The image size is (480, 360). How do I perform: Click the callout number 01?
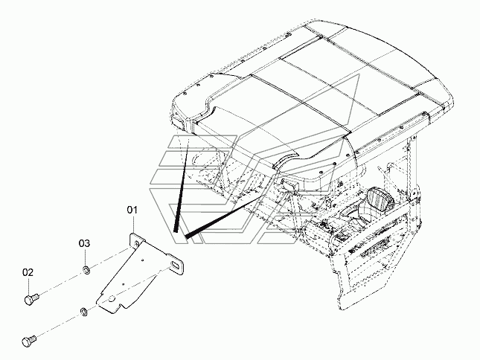[132, 210]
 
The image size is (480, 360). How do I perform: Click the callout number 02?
[28, 272]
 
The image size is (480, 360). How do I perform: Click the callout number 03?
[85, 243]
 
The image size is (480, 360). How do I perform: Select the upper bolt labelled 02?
[31, 298]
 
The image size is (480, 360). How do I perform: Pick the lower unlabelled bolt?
[29, 341]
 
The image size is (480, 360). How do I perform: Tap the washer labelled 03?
[86, 271]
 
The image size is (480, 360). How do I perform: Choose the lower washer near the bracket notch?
[83, 312]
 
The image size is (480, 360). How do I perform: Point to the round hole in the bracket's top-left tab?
[136, 243]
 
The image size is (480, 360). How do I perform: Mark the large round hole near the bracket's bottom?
[112, 298]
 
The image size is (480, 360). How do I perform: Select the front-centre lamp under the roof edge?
[290, 186]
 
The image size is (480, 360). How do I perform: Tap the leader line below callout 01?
[133, 225]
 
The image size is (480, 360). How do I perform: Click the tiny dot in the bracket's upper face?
[143, 260]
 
